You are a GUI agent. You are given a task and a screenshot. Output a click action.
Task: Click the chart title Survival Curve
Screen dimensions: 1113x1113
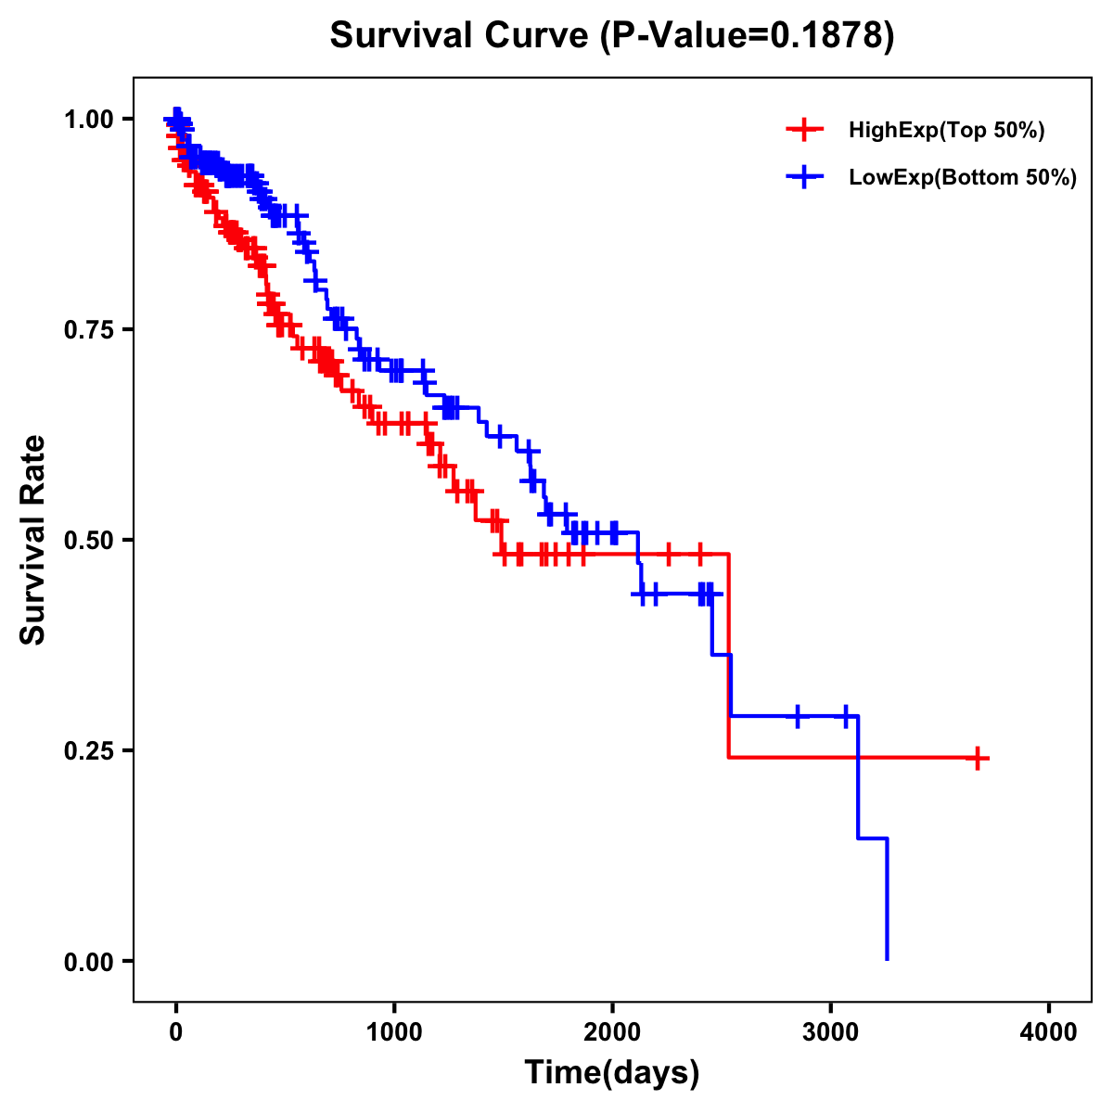(459, 36)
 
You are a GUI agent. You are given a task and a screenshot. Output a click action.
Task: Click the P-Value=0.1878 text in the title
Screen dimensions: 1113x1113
(747, 36)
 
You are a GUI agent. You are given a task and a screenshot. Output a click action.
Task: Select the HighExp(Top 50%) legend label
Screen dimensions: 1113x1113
(947, 131)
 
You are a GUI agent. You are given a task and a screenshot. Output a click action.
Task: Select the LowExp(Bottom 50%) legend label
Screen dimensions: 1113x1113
(963, 178)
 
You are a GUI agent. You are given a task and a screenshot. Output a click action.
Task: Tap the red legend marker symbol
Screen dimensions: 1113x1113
(804, 131)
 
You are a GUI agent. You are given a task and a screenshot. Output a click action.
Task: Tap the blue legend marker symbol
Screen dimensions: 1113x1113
(804, 178)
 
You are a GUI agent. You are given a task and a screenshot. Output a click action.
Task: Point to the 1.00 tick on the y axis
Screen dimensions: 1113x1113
(90, 120)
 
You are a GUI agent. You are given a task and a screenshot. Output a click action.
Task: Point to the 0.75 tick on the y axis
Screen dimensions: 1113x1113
(90, 330)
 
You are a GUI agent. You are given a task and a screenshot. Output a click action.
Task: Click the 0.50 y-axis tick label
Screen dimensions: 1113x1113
(90, 541)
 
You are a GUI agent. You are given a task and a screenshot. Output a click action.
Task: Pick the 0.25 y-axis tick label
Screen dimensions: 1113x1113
(90, 751)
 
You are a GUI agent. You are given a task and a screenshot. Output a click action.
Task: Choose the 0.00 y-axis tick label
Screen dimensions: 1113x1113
(90, 962)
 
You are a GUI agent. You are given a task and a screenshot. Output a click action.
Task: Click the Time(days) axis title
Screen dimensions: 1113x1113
(612, 1073)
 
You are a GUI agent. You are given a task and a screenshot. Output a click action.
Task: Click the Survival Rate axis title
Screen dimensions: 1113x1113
(33, 540)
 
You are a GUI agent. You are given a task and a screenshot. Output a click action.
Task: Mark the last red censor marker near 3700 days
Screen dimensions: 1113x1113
(977, 758)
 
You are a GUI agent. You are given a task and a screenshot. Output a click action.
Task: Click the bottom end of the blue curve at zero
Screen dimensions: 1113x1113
(887, 958)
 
